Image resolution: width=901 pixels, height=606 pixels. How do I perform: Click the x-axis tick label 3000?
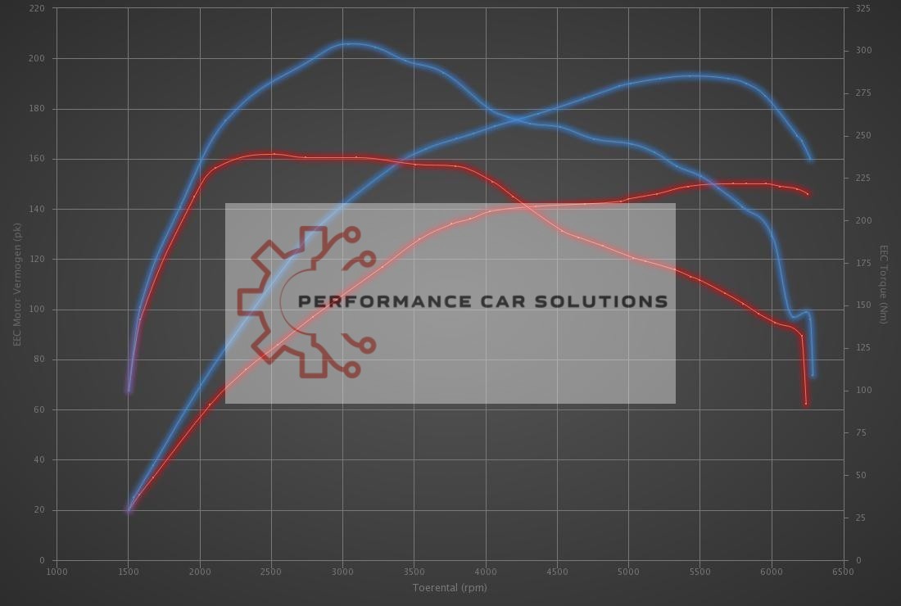click(342, 572)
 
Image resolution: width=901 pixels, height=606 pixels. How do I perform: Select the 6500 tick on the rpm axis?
click(843, 572)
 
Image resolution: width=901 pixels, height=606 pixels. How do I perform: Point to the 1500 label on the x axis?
click(128, 572)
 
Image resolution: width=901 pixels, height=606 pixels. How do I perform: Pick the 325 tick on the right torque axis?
click(863, 8)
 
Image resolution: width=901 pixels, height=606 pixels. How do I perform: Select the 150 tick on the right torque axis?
click(863, 305)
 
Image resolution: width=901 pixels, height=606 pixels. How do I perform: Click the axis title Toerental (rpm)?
click(450, 587)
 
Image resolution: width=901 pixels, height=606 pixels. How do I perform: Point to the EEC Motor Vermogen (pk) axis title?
click(16, 283)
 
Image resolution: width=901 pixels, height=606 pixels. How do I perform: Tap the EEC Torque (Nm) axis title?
click(884, 283)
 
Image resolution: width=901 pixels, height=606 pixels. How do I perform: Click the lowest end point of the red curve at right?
click(806, 404)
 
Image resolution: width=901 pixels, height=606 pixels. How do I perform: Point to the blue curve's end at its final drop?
click(813, 375)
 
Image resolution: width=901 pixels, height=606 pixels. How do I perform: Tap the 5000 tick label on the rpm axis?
click(628, 572)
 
